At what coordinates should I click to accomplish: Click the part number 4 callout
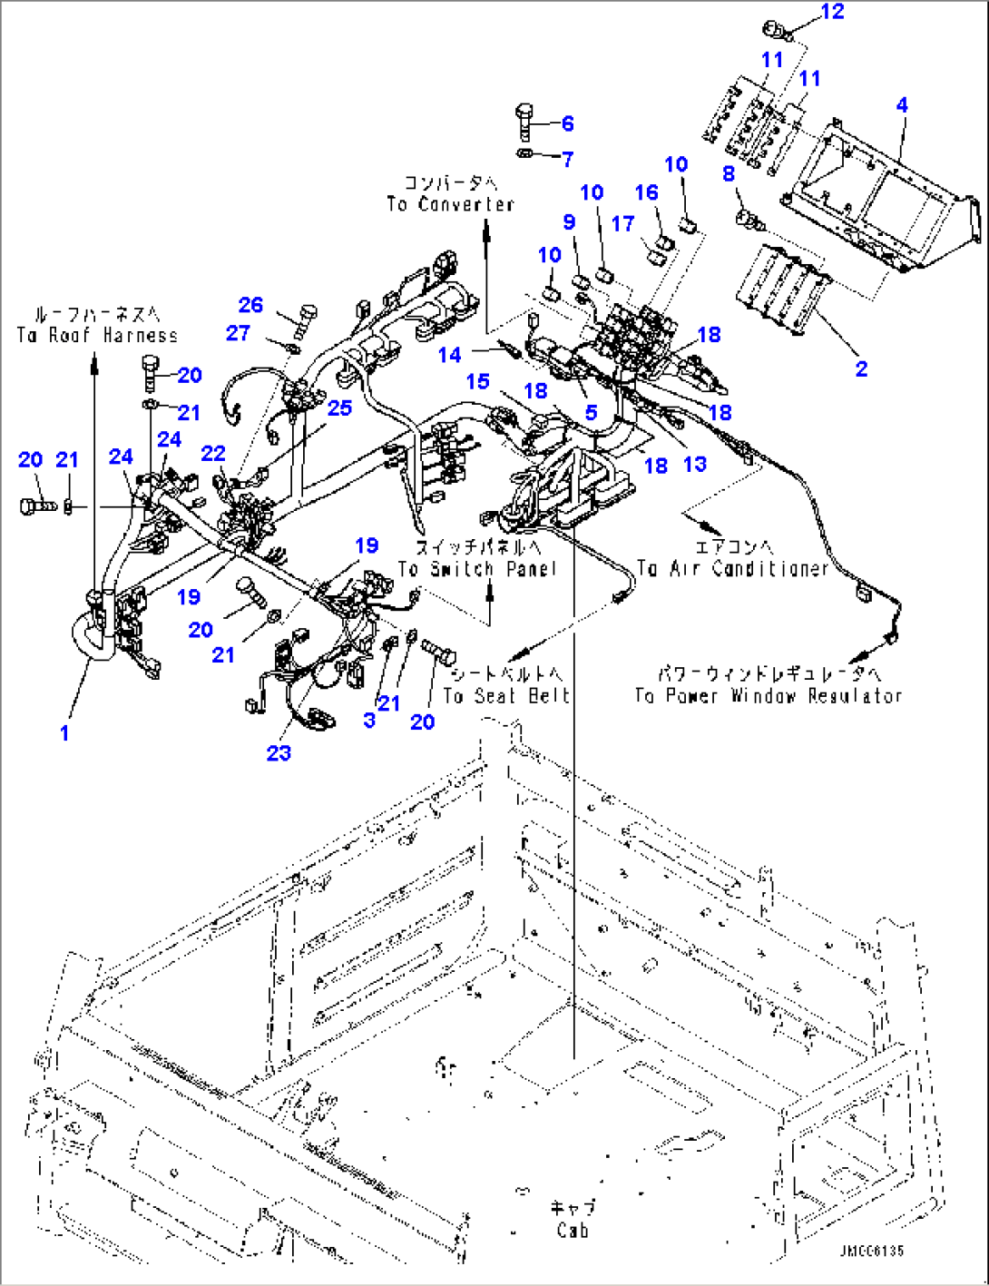coord(901,105)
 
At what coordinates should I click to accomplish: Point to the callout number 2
coord(860,368)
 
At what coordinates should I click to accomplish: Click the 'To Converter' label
coord(450,204)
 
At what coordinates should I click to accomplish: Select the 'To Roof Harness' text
coord(97,335)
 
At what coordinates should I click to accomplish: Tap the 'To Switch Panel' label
coord(477,569)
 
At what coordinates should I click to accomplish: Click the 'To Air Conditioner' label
coord(732,569)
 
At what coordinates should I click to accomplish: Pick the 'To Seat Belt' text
coord(506,696)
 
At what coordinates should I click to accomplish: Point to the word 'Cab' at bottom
coord(573,1231)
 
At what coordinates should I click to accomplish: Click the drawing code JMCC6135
coord(871,1252)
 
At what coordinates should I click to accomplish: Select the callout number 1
coord(64,732)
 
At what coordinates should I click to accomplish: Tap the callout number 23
coord(279,752)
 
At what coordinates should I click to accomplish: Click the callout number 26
coord(250,305)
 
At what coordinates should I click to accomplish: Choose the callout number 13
coord(694,464)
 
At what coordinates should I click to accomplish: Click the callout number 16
coord(646,192)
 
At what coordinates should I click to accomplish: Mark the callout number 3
coord(368,720)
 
